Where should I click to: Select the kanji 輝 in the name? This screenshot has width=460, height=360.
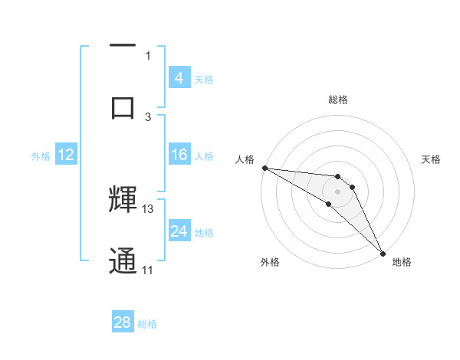(123, 200)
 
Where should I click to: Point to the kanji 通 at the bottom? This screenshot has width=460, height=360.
(123, 261)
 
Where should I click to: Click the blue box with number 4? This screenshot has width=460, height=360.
(179, 77)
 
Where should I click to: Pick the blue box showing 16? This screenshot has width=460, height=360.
(179, 155)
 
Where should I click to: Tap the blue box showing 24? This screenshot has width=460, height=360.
(179, 231)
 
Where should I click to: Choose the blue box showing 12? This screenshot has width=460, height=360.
(66, 155)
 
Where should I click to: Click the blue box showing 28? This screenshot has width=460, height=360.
(123, 322)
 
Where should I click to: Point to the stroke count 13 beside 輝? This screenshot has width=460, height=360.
(148, 208)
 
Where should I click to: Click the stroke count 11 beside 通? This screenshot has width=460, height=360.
(148, 270)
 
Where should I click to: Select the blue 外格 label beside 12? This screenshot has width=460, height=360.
(41, 155)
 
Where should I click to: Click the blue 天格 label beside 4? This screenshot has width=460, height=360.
(204, 78)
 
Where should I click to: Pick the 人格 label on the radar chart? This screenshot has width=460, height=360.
(246, 159)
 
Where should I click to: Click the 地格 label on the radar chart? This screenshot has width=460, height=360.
(402, 262)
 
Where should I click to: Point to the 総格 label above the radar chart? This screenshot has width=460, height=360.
(338, 100)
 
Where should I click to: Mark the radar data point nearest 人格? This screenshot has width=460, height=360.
(264, 168)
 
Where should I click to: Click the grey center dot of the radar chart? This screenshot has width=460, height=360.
(337, 191)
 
